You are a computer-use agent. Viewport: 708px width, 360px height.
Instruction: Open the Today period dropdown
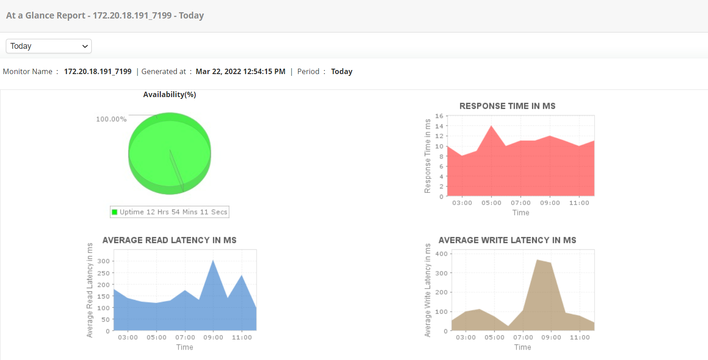coord(49,46)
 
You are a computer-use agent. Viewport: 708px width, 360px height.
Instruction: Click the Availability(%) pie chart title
coord(169,94)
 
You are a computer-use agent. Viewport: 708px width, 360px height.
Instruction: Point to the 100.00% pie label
coord(111,119)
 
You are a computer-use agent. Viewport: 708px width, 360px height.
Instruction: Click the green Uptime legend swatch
coord(115,212)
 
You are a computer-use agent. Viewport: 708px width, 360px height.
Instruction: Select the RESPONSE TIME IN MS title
coord(507,106)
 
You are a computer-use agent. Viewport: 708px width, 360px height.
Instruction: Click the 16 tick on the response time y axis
coord(439,116)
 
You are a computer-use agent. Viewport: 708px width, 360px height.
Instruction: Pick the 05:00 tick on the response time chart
coord(491,203)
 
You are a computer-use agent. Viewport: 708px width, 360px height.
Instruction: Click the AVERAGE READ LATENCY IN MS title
coord(169,240)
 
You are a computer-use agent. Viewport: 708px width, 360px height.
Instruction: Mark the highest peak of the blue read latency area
coord(213,260)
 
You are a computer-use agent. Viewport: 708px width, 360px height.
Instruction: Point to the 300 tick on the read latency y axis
coord(103,261)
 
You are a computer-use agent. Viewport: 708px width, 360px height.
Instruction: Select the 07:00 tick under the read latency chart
coord(185,337)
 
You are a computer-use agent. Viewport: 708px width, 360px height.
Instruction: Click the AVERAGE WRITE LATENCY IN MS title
coord(507,240)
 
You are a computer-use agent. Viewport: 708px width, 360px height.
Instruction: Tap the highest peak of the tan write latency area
coord(537,260)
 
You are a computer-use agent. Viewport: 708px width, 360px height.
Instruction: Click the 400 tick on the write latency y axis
coord(441,254)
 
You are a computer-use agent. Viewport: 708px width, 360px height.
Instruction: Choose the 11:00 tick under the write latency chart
coord(580,337)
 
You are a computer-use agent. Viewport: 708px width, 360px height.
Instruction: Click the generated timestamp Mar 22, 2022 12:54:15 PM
coord(240,71)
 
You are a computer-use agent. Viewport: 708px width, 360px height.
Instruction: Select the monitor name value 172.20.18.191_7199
coord(98,71)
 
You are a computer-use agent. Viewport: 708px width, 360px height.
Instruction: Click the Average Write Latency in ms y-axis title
coord(427,290)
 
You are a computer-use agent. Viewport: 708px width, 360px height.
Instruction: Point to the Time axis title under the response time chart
coord(520,212)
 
